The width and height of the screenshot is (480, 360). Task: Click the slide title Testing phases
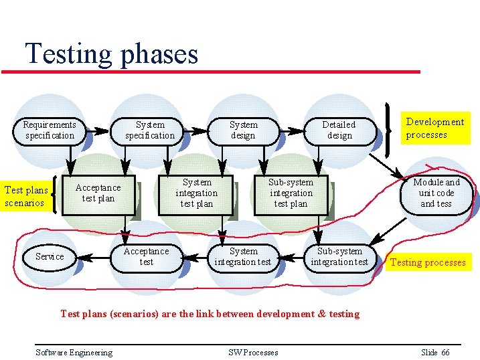(111, 54)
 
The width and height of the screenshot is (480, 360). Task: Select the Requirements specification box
(50, 130)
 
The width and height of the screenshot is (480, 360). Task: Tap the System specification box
(150, 130)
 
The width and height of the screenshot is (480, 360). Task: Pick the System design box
(243, 130)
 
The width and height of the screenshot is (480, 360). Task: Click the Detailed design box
(339, 130)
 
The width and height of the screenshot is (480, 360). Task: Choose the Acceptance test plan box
(98, 193)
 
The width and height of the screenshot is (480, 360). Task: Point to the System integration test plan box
(197, 193)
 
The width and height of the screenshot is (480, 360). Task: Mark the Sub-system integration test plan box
(291, 193)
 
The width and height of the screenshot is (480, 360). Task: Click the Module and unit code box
(436, 193)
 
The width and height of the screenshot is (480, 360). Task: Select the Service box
(50, 256)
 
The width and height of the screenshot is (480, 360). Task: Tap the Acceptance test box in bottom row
(147, 257)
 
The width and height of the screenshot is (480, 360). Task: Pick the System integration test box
(242, 257)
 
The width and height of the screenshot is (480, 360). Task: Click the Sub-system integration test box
(339, 257)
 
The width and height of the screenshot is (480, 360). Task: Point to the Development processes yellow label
(434, 128)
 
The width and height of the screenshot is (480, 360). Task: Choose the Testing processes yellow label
(427, 262)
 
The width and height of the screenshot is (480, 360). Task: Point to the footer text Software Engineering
(74, 353)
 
